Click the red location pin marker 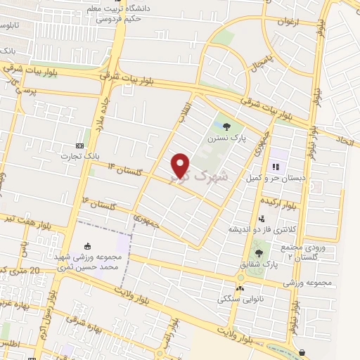(x=181, y=165)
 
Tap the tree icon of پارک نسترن (x=226, y=127)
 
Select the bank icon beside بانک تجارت (x=79, y=145)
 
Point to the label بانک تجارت (x=76, y=155)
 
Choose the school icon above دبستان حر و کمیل (x=276, y=167)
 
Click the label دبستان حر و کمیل (x=276, y=179)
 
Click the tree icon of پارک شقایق (x=259, y=252)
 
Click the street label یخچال (x=261, y=64)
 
